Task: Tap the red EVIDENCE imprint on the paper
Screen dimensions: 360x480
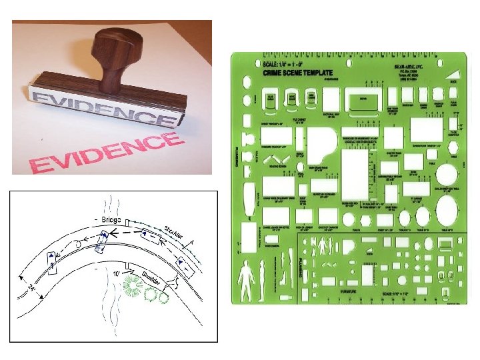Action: [107, 153]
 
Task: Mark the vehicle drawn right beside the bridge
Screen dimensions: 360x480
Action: [101, 241]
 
